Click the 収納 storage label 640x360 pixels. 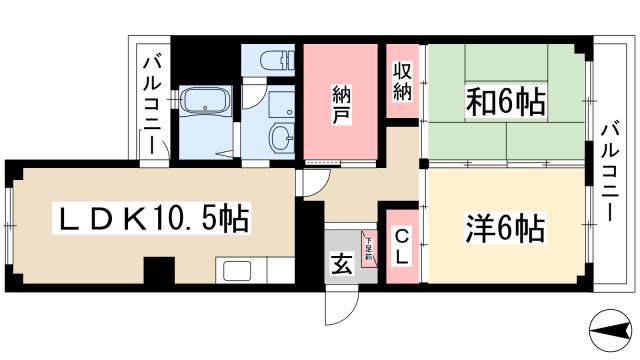click(402, 82)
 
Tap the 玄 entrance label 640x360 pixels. click(341, 264)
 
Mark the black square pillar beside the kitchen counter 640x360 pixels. click(158, 270)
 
